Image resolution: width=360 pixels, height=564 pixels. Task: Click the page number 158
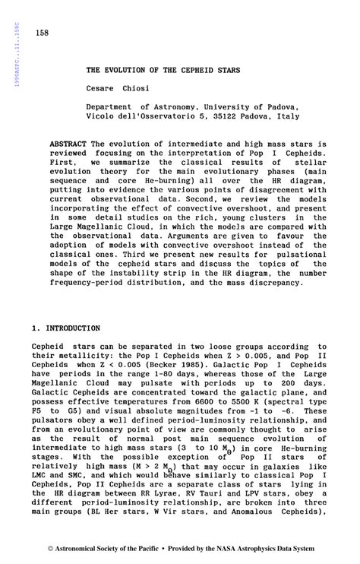(x=41, y=34)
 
